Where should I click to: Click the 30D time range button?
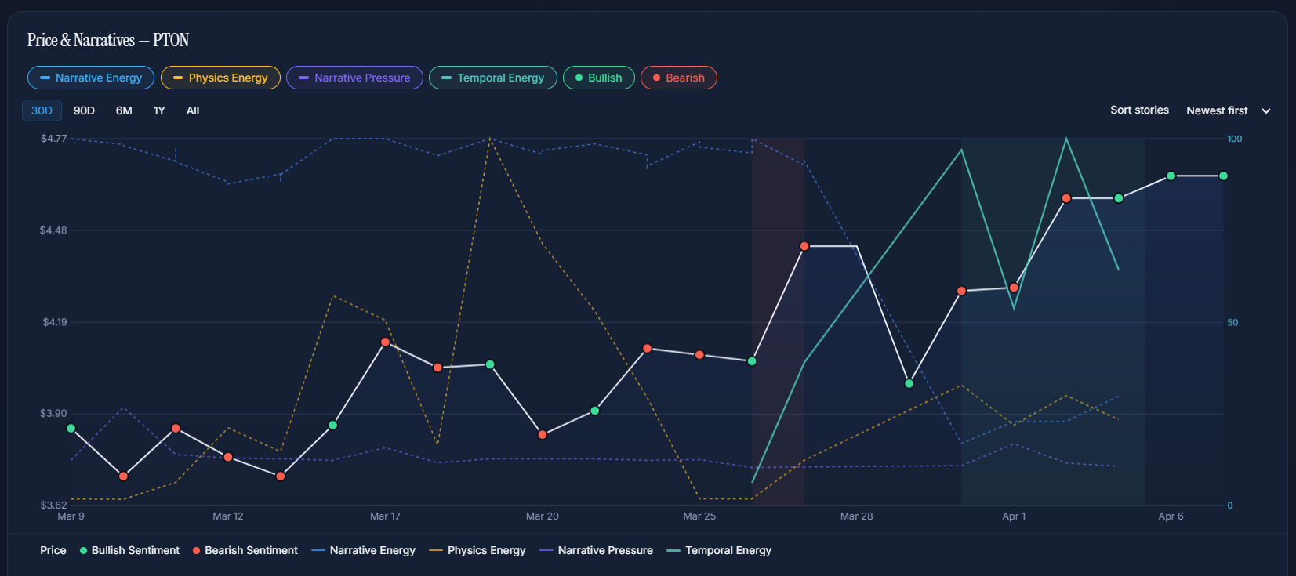42,110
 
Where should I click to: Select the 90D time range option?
84,110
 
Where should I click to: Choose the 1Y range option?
159,110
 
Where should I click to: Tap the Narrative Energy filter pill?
91,78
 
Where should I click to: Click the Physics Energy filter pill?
220,78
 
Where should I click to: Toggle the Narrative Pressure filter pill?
354,78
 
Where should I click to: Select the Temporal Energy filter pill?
493,78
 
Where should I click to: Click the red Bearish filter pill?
679,78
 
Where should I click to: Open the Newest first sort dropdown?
1228,110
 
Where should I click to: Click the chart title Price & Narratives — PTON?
108,40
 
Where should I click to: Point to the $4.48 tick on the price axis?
53,230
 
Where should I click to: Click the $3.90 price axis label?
53,413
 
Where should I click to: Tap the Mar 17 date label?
385,516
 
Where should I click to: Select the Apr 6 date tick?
1171,516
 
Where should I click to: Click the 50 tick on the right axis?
1232,322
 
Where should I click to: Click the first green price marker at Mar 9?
71,429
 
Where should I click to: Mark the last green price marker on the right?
1223,176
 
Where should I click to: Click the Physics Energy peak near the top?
490,139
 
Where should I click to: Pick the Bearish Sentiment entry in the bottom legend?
245,550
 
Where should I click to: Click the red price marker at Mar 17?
385,342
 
